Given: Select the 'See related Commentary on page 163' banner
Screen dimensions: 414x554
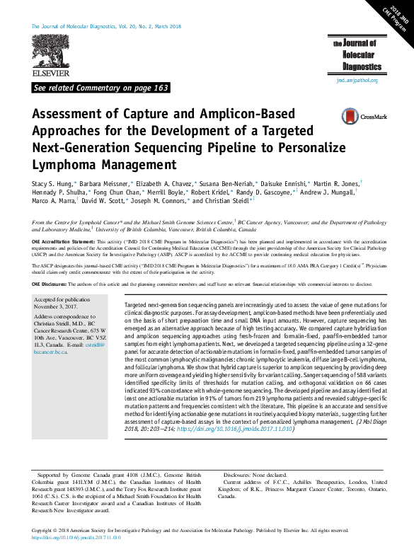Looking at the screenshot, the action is tap(100, 88).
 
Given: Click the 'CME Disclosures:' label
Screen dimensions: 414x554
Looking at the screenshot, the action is tap(52, 284).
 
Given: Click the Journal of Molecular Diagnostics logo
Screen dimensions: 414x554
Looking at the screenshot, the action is tap(358, 56).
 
